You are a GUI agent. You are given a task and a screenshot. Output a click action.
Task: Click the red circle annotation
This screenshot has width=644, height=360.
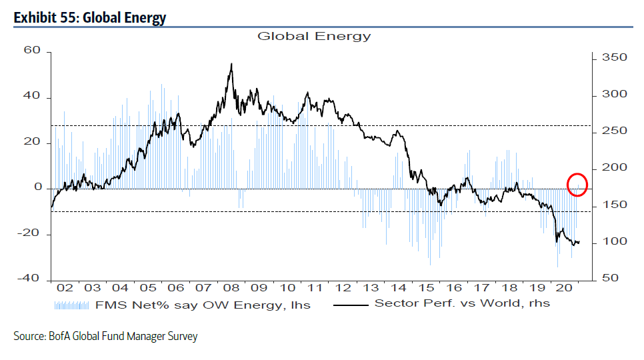(x=577, y=184)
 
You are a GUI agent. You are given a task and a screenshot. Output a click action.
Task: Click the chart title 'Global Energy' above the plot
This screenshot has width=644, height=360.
(x=314, y=36)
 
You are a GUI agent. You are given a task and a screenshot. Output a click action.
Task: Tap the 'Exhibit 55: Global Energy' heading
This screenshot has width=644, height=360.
(x=90, y=17)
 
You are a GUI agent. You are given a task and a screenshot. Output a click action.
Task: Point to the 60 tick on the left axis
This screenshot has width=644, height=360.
(x=33, y=51)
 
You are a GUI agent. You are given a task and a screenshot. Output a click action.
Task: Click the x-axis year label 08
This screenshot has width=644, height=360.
(x=231, y=288)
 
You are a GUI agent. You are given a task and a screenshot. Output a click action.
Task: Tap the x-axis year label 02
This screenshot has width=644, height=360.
(x=65, y=288)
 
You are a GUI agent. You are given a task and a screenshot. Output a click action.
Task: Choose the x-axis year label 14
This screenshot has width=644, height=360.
(x=397, y=288)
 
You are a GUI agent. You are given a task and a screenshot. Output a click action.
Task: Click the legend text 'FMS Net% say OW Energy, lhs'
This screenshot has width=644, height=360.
(x=201, y=305)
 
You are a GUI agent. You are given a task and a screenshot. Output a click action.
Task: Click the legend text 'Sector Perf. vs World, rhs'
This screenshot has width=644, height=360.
(x=463, y=303)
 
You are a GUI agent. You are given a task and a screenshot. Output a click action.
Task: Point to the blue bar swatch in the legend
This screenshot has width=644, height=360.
(x=71, y=305)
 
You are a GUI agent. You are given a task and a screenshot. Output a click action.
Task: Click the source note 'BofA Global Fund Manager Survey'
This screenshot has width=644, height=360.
(x=105, y=337)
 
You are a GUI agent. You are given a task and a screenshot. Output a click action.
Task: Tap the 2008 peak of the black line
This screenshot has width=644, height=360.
(x=231, y=64)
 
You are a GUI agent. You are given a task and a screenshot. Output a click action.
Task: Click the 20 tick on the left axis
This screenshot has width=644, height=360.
(x=33, y=143)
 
